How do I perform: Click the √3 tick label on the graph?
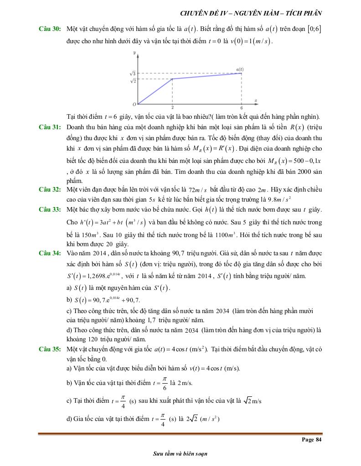pyautogui.click(x=133, y=73)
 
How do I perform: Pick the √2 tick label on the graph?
pyautogui.click(x=133, y=81)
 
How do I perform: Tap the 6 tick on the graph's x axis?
pyautogui.click(x=241, y=108)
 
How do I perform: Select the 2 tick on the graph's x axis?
pyautogui.click(x=172, y=108)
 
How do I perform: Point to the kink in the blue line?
pyautogui.click(x=172, y=79)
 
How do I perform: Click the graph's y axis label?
pyautogui.click(x=135, y=53)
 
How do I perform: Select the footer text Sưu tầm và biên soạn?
pyautogui.click(x=180, y=454)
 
